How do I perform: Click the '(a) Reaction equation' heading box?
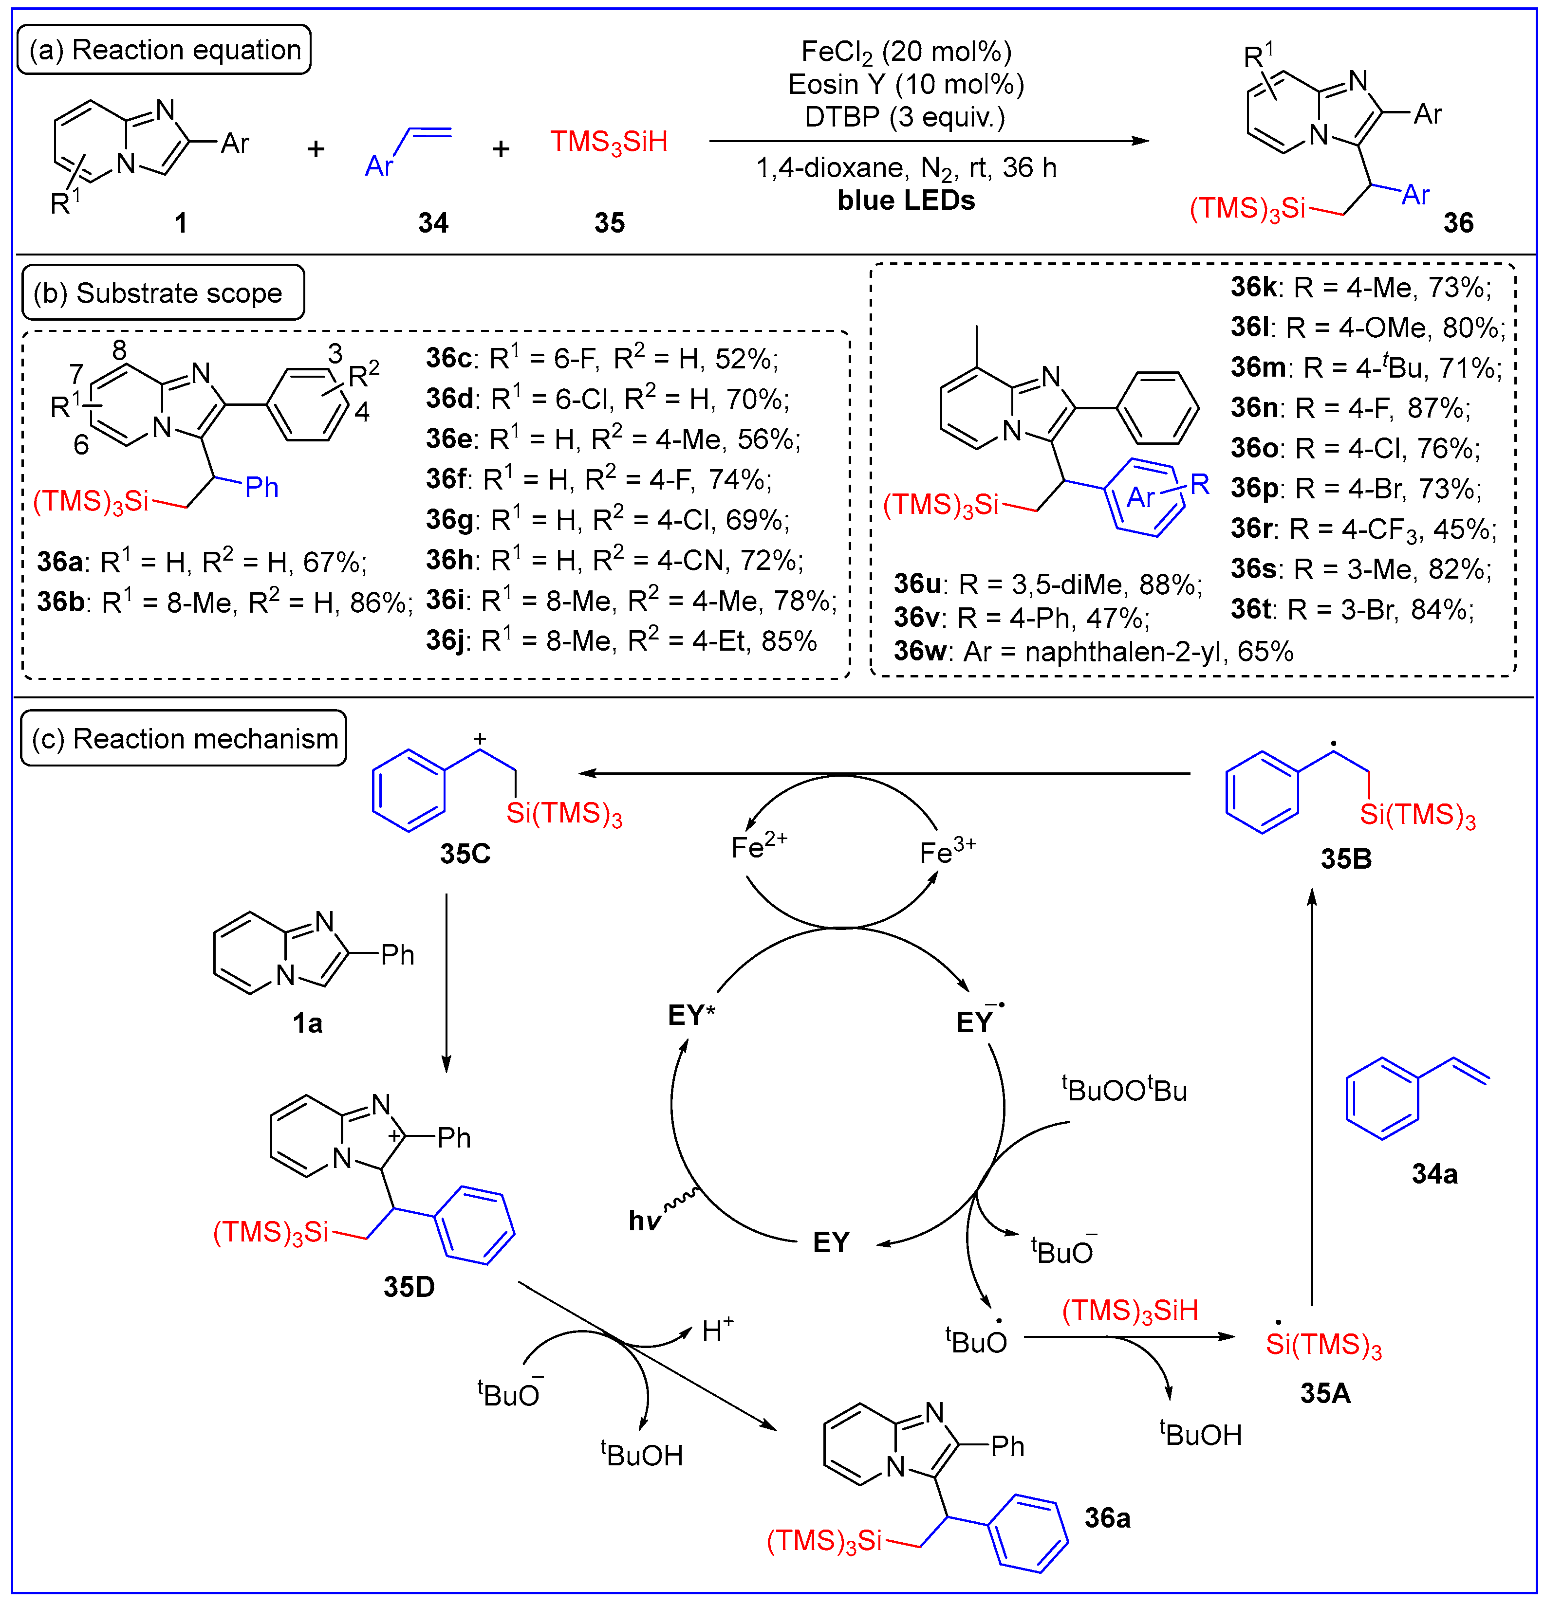pos(164,50)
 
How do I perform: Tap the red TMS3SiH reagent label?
pos(609,142)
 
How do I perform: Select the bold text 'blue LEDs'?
pos(906,201)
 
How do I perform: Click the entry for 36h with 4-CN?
pos(614,561)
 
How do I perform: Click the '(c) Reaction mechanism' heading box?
pos(184,739)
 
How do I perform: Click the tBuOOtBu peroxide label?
pos(1124,1090)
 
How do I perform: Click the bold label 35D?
pos(409,1286)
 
